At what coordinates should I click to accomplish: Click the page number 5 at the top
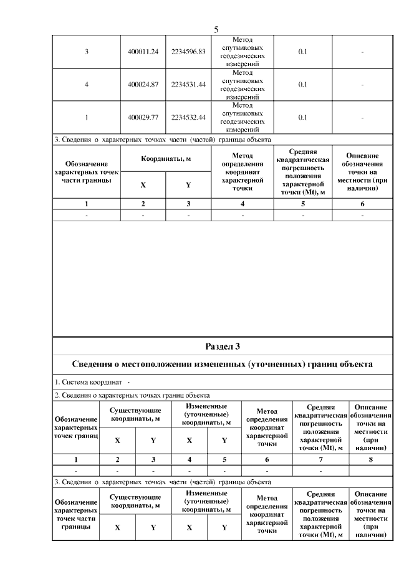216,29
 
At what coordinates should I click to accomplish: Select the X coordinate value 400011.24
143,52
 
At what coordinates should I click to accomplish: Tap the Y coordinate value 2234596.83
188,52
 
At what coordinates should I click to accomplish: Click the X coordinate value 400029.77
143,117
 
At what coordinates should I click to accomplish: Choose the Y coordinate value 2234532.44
188,117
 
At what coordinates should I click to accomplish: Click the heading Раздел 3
223,346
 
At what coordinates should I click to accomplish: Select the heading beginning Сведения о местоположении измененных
223,364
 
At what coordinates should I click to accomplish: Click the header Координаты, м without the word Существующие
165,159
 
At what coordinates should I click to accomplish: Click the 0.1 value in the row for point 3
302,52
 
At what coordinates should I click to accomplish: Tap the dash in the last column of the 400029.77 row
362,117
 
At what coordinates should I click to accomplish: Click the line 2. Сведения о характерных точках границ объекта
131,395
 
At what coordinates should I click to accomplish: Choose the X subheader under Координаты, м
143,185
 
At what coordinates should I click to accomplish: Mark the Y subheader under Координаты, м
188,185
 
